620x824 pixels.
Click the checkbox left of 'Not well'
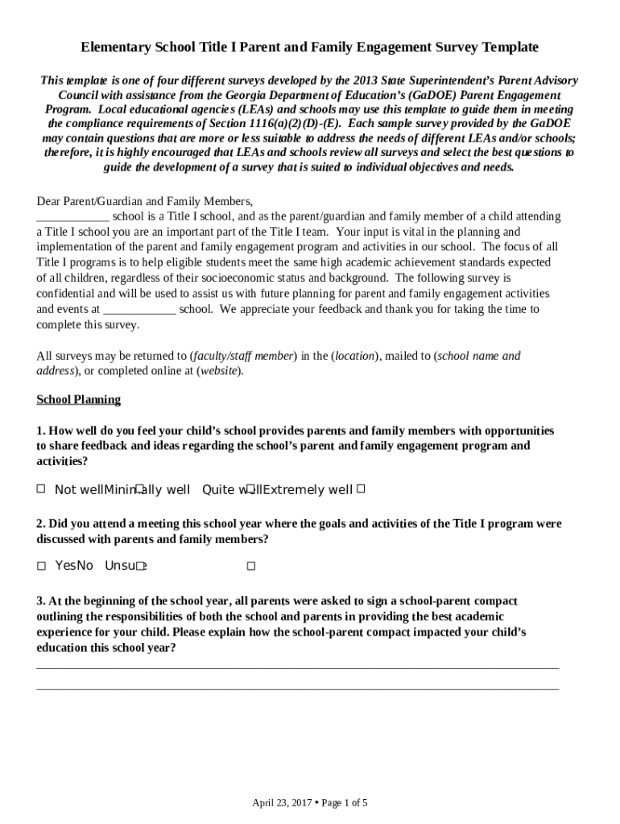tap(41, 488)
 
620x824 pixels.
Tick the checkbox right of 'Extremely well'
tap(361, 488)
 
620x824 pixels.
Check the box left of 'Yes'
tap(41, 566)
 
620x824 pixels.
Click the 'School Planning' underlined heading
tap(78, 399)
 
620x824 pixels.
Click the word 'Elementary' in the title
tap(113, 47)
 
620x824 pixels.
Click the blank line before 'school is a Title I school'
tap(72, 217)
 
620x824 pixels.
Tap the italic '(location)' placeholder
tap(353, 356)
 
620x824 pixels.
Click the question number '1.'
tap(41, 431)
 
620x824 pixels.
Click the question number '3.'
tap(41, 601)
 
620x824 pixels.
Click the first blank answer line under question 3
tap(297, 667)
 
